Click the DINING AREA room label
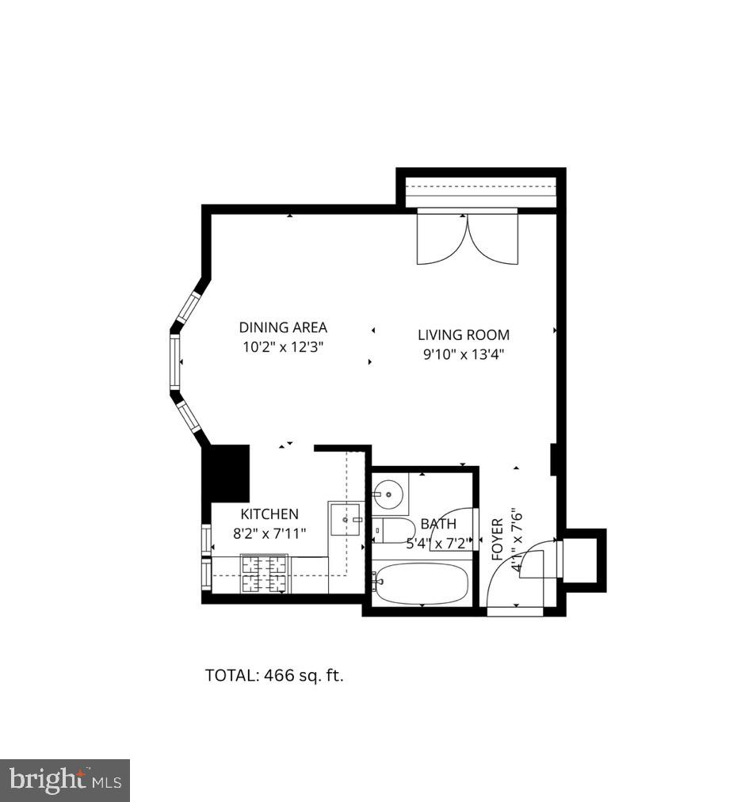tap(283, 327)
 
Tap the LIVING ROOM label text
tap(464, 335)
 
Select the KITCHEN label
tap(269, 514)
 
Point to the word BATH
tap(438, 524)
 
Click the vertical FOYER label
tap(498, 539)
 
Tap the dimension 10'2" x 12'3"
tap(283, 347)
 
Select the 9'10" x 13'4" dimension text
tap(464, 354)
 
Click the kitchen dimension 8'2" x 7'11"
tap(269, 533)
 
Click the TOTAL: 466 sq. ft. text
tap(274, 676)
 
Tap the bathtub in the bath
tap(422, 583)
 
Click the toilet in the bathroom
tap(394, 529)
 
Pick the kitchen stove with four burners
tap(264, 574)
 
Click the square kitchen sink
tap(346, 519)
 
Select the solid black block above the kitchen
tap(229, 473)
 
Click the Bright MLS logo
tap(65, 781)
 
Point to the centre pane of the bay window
tap(174, 361)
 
